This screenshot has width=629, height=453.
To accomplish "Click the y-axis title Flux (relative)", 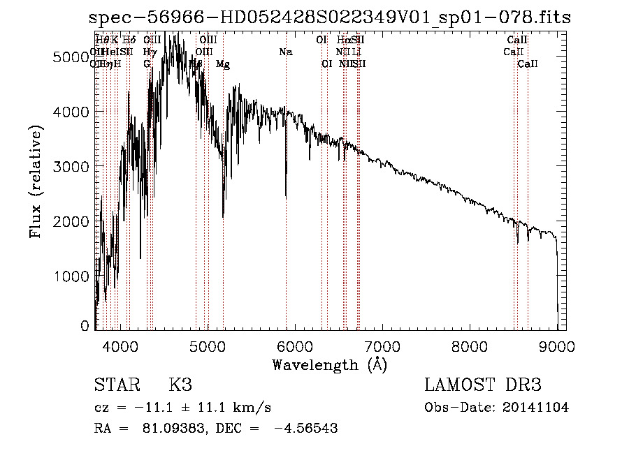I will point(36,181).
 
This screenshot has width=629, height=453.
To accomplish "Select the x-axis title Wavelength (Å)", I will point(329,364).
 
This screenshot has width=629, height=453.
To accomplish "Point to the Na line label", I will point(285,52).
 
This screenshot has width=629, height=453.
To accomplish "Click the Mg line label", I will point(222,64).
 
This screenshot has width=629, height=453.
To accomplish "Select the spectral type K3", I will point(180,385).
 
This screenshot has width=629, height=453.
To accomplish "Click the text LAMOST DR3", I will point(482,385).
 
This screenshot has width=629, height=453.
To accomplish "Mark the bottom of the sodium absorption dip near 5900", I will point(285,198).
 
